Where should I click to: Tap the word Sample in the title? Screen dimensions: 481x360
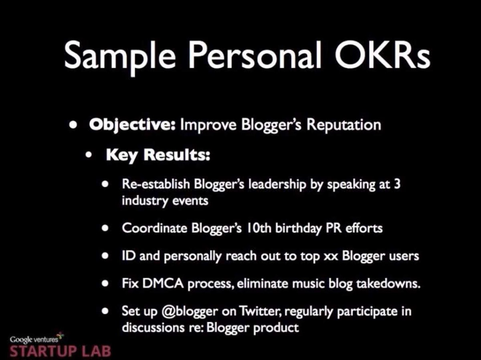[x=120, y=57]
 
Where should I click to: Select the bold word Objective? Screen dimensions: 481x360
[x=132, y=125]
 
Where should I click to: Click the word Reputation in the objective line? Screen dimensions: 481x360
[x=344, y=125]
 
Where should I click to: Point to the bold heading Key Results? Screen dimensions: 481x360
[x=158, y=155]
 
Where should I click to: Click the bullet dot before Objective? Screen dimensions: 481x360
[x=73, y=125]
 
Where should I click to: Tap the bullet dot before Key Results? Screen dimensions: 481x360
[x=89, y=155]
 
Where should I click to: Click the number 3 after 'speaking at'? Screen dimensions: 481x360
[x=397, y=183]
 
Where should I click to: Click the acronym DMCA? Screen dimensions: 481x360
[x=163, y=284]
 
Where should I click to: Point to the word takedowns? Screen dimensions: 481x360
[x=388, y=284]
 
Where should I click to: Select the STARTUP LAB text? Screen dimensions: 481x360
[x=60, y=351]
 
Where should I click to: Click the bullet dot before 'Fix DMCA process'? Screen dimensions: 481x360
[x=105, y=284]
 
